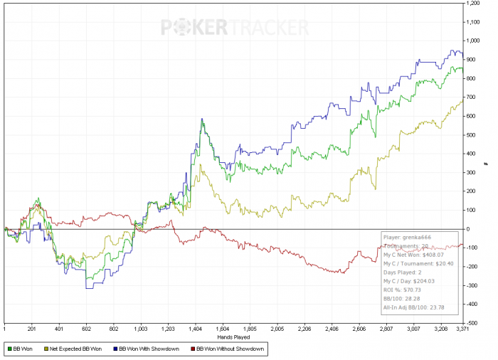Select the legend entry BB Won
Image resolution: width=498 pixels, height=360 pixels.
pos(23,350)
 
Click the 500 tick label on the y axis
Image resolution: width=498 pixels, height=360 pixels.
pos(471,135)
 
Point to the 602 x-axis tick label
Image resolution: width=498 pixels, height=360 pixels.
pos(86,329)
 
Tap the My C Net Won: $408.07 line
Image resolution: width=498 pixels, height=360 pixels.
pos(413,254)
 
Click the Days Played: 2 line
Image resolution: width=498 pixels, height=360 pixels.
pos(402,272)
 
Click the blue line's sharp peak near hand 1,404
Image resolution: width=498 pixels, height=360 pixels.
pos(202,119)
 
